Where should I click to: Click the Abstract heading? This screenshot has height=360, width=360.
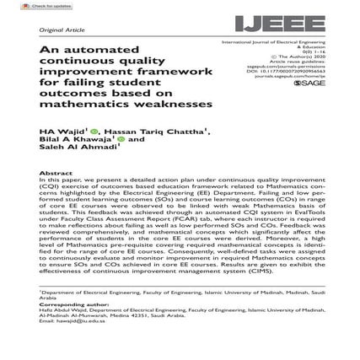[x=56, y=172]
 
